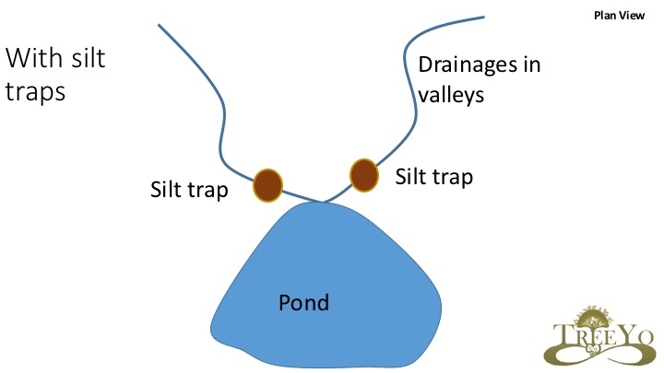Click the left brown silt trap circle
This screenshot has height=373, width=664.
point(267,183)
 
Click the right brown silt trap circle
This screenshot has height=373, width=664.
point(364,173)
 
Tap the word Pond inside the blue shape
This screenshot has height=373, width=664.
point(303,302)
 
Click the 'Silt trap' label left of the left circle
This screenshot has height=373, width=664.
point(188,190)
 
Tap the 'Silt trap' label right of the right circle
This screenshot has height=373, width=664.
point(433,176)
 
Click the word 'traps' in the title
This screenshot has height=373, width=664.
point(35,93)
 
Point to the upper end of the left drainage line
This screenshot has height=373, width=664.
point(160,25)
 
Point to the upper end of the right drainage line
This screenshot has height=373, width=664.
point(483,17)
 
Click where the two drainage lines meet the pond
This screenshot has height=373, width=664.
point(322,202)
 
